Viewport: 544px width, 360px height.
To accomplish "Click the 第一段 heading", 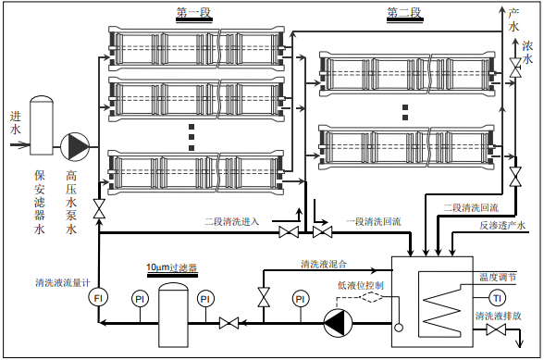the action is [193, 13].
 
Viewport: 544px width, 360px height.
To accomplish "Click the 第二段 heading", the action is [404, 13].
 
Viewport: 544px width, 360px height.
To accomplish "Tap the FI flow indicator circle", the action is [98, 298].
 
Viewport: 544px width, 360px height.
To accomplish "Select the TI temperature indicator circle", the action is [497, 298].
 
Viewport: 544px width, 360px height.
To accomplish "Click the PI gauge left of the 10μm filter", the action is [140, 299].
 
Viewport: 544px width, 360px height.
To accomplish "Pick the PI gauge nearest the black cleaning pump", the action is [301, 299].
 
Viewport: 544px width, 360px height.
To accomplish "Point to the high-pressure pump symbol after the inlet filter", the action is [75, 147].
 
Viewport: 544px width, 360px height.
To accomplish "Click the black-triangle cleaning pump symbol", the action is [338, 323].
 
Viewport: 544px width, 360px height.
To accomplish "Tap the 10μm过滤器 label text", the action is [172, 267].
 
